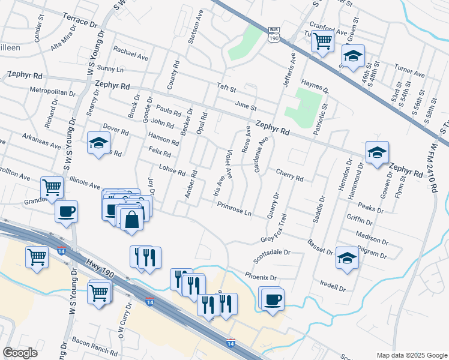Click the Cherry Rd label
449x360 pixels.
click(x=290, y=175)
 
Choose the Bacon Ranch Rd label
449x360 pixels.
click(x=95, y=344)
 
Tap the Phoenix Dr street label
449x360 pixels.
click(x=261, y=277)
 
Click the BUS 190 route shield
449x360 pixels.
click(x=274, y=34)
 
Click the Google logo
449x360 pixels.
click(x=20, y=353)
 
